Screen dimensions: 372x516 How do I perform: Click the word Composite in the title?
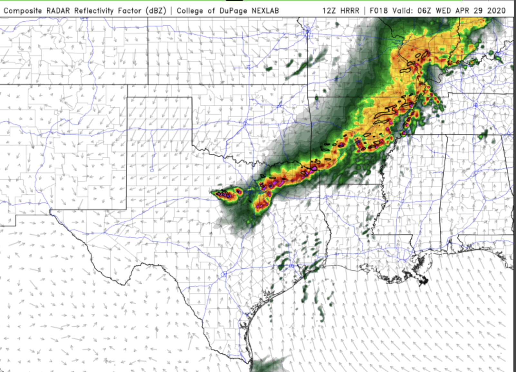coord(23,11)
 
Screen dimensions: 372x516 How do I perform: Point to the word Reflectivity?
coord(94,11)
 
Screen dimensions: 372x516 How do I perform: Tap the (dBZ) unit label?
coord(156,11)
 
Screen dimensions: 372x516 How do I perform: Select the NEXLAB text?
coord(265,11)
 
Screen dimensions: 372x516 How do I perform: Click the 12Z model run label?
coord(329,11)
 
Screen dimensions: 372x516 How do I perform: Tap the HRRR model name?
coord(349,11)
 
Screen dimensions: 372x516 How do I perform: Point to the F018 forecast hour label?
coord(379,11)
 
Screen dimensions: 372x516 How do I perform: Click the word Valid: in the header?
coord(403,11)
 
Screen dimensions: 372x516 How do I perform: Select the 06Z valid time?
coord(425,11)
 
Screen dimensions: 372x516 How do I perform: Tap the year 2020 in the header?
coord(496,11)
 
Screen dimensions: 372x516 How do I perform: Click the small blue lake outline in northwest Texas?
coord(152,170)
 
